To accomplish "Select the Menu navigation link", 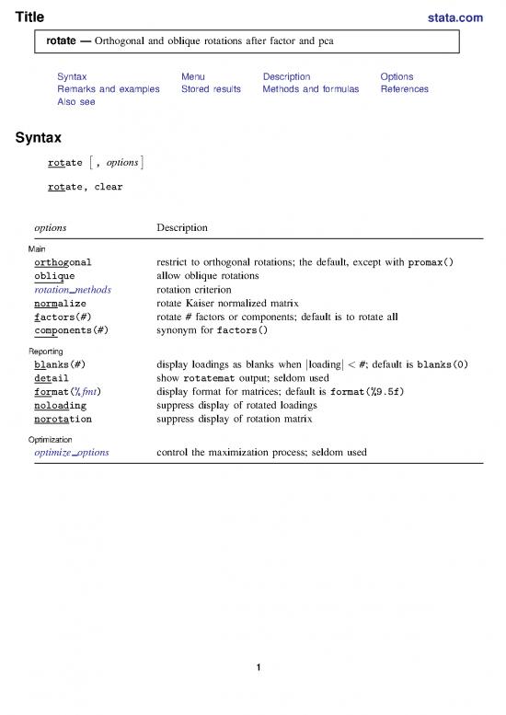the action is coord(193,76).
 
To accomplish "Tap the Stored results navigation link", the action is coord(211,89).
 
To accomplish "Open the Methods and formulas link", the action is coord(311,89).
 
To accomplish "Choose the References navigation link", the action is coord(404,89).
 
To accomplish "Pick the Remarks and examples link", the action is coord(108,89).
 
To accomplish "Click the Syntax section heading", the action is coord(38,139).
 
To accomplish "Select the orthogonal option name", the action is coord(63,262).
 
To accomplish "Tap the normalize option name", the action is coord(60,302).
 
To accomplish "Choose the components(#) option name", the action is coord(72,329).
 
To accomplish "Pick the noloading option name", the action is coord(60,404).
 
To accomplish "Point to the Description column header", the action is coord(182,227).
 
